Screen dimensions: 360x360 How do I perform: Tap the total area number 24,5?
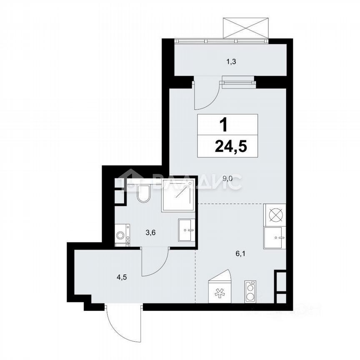pyautogui.click(x=228, y=147)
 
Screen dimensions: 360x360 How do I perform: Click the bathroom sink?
pyautogui.click(x=186, y=230)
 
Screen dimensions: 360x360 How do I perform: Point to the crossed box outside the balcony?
pyautogui.click(x=245, y=28)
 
